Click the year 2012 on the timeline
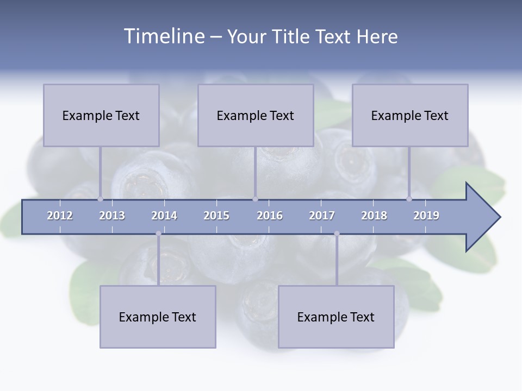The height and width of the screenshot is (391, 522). click(x=60, y=216)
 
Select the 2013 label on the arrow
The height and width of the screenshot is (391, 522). click(x=112, y=216)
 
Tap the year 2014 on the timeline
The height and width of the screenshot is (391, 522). click(x=164, y=216)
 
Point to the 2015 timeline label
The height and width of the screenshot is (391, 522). click(x=216, y=216)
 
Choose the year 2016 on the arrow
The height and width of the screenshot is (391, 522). click(x=270, y=216)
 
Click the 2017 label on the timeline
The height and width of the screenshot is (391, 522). click(x=322, y=216)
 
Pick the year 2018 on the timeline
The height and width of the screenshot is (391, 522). click(x=374, y=216)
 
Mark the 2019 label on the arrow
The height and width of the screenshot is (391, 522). click(x=426, y=216)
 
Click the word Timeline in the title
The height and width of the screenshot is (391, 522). click(x=163, y=36)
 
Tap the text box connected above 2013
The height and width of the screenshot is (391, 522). click(x=101, y=115)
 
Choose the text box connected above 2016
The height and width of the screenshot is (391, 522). click(x=256, y=115)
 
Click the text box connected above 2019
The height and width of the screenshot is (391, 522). click(x=410, y=115)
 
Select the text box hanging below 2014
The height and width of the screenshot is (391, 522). click(x=158, y=317)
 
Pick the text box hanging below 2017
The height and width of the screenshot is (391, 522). click(x=336, y=317)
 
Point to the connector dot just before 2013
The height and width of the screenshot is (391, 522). click(x=100, y=199)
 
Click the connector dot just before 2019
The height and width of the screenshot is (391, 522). click(x=409, y=199)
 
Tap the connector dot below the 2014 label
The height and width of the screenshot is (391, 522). click(x=158, y=234)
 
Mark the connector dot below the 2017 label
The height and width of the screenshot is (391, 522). click(x=337, y=234)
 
